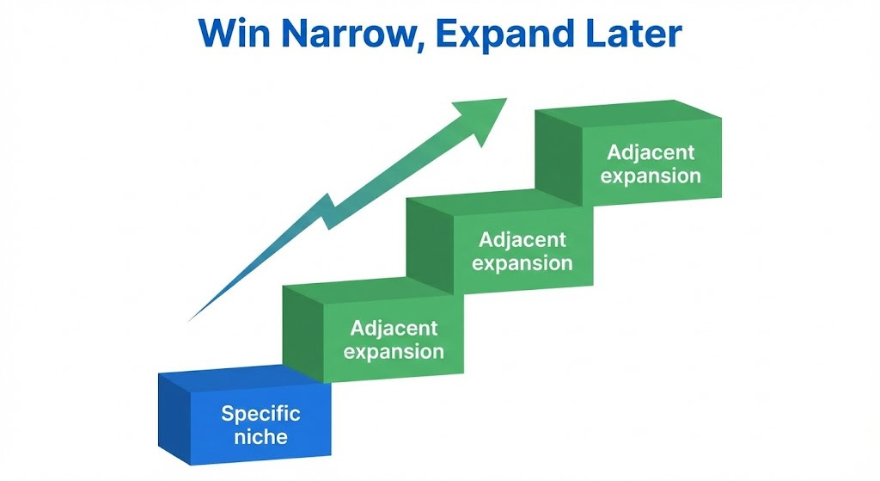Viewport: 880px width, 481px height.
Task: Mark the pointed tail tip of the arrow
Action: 191,319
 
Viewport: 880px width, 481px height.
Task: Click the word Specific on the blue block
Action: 260,413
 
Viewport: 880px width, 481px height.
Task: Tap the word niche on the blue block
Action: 260,436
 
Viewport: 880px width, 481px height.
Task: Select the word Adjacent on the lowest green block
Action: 394,328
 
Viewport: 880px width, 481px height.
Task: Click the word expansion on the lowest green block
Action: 394,351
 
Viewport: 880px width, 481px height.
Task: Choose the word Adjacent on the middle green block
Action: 522,239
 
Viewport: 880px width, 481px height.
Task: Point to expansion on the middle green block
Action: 522,262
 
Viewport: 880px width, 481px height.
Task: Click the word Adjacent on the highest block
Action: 651,152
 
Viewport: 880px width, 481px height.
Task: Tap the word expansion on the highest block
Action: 651,176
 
